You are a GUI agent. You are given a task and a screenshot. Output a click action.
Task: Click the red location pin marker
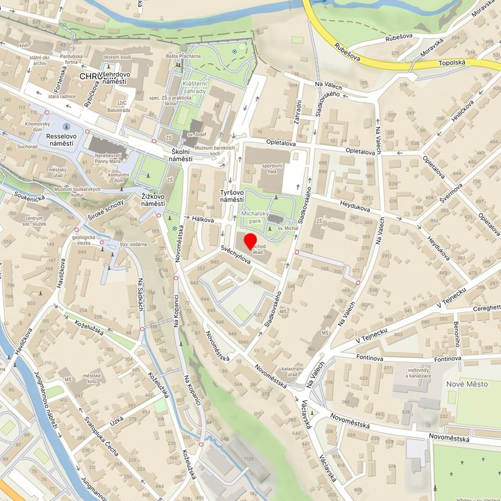click(250, 241)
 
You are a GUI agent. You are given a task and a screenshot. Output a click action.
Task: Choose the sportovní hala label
click(273, 170)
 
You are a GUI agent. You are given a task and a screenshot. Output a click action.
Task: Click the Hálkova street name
click(203, 219)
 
